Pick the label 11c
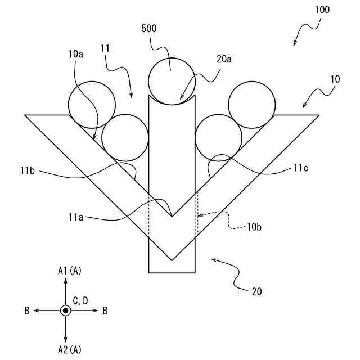(x=300, y=168)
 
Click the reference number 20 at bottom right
(x=257, y=291)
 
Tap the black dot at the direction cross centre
(x=66, y=310)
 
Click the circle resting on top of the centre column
(x=172, y=80)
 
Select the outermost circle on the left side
(x=92, y=104)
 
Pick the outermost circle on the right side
(x=252, y=104)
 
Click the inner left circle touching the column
(x=124, y=137)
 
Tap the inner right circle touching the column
(x=219, y=137)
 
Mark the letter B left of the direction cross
(x=27, y=310)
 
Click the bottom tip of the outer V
(x=172, y=260)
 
